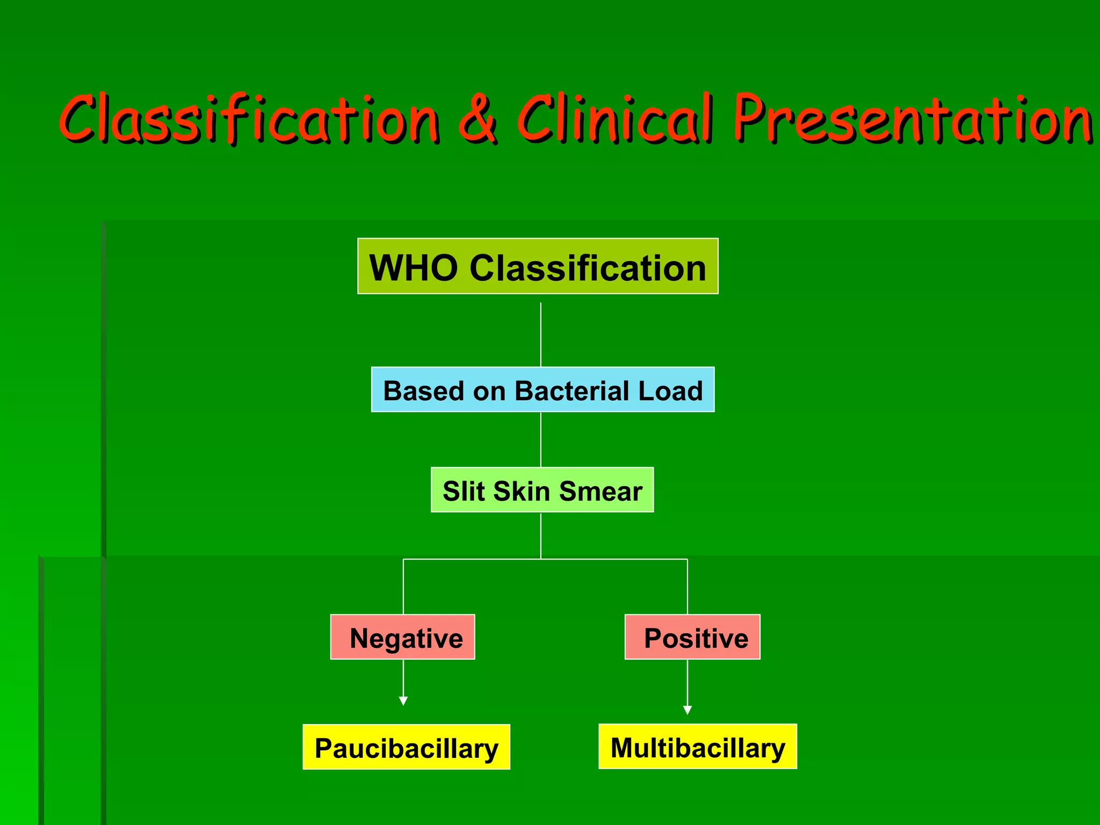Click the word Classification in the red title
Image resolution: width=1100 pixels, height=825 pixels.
[x=250, y=119]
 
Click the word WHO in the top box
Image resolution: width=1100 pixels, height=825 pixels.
[x=414, y=267]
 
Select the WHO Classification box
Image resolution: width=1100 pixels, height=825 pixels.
[x=538, y=266]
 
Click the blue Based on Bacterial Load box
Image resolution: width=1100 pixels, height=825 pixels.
[x=542, y=390]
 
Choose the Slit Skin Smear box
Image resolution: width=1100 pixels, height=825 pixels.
[x=542, y=490]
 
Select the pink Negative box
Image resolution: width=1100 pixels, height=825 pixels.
[x=403, y=637]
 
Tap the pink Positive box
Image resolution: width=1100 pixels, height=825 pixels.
[x=692, y=637]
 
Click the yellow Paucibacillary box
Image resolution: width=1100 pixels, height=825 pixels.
[x=406, y=747]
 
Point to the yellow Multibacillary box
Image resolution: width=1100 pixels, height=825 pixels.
[x=698, y=747]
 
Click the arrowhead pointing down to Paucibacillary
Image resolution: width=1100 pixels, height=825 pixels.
[x=403, y=701]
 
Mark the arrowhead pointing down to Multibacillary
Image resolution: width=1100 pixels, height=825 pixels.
[x=687, y=710]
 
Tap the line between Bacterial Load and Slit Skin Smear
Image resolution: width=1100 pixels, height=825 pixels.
[x=541, y=439]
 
